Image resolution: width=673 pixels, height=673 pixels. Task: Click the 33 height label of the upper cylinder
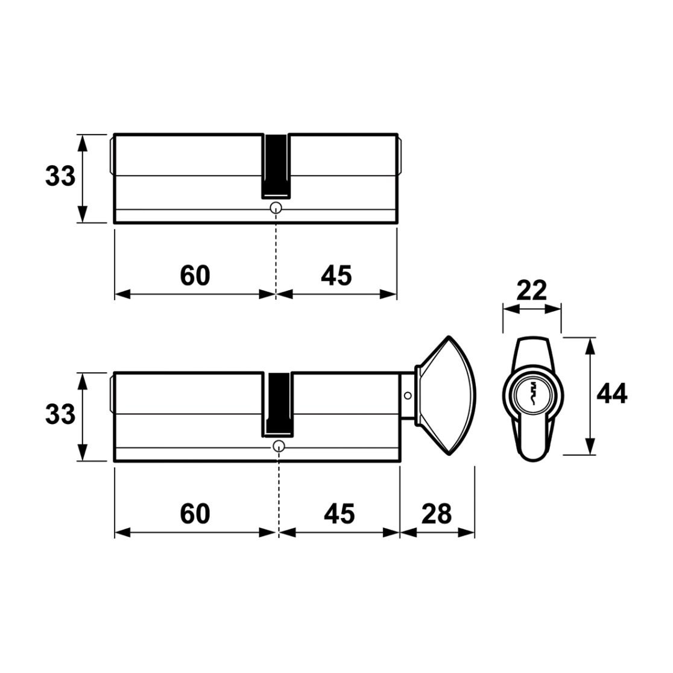coord(60,176)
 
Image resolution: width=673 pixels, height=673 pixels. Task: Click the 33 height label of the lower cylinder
coord(60,415)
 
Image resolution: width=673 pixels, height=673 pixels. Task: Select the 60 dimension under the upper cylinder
coord(195,276)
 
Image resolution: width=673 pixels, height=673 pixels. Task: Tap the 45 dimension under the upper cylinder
coord(336,276)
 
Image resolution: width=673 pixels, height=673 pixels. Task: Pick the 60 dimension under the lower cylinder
coord(195,514)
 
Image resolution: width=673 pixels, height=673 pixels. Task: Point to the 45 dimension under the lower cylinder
coord(339,514)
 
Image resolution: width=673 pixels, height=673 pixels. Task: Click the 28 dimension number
coord(437,514)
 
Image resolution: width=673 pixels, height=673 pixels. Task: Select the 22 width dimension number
coord(531,291)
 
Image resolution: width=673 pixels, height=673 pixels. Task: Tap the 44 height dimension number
coord(611,393)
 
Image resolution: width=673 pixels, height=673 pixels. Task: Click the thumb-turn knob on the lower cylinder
coord(446,396)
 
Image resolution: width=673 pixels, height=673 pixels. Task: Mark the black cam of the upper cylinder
coord(276,166)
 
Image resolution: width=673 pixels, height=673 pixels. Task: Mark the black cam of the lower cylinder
coord(278,405)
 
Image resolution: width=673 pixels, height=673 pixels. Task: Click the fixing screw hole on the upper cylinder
coord(276,208)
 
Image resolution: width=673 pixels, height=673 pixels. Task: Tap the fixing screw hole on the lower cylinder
coord(279,446)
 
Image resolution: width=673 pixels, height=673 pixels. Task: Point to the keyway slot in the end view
coord(532,393)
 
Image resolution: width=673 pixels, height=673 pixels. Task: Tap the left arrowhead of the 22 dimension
coord(511,309)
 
